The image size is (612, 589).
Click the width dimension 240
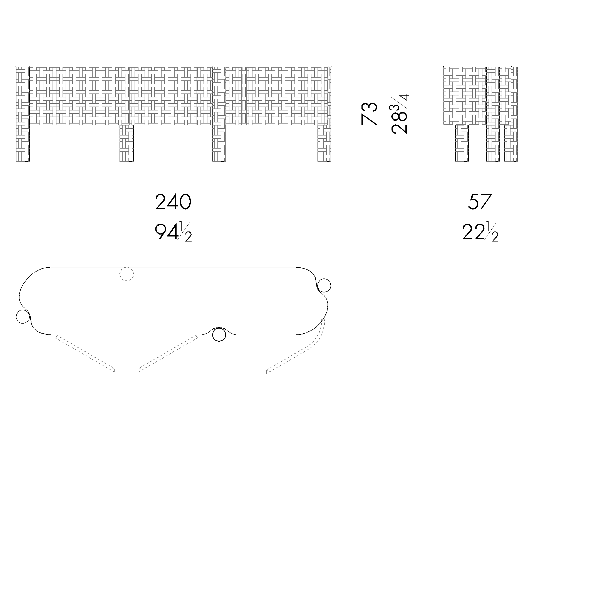pos(173,202)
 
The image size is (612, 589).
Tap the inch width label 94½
pos(173,232)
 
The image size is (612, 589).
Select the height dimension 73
pos(369,114)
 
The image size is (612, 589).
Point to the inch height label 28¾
pos(399,114)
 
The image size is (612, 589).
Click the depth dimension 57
pos(480,202)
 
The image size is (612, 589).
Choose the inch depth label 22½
pos(480,232)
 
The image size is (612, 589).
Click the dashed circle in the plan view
pos(127,274)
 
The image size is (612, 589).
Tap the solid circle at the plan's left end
pos(23,317)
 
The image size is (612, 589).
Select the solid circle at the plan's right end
pos(324,285)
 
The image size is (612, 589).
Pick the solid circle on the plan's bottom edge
pos(219,335)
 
